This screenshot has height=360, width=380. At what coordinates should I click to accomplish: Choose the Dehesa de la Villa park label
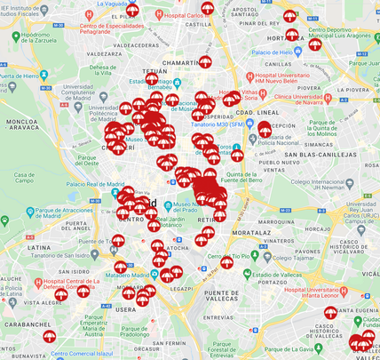[103, 72]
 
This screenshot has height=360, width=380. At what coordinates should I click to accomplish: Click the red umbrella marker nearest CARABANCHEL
[50, 335]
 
